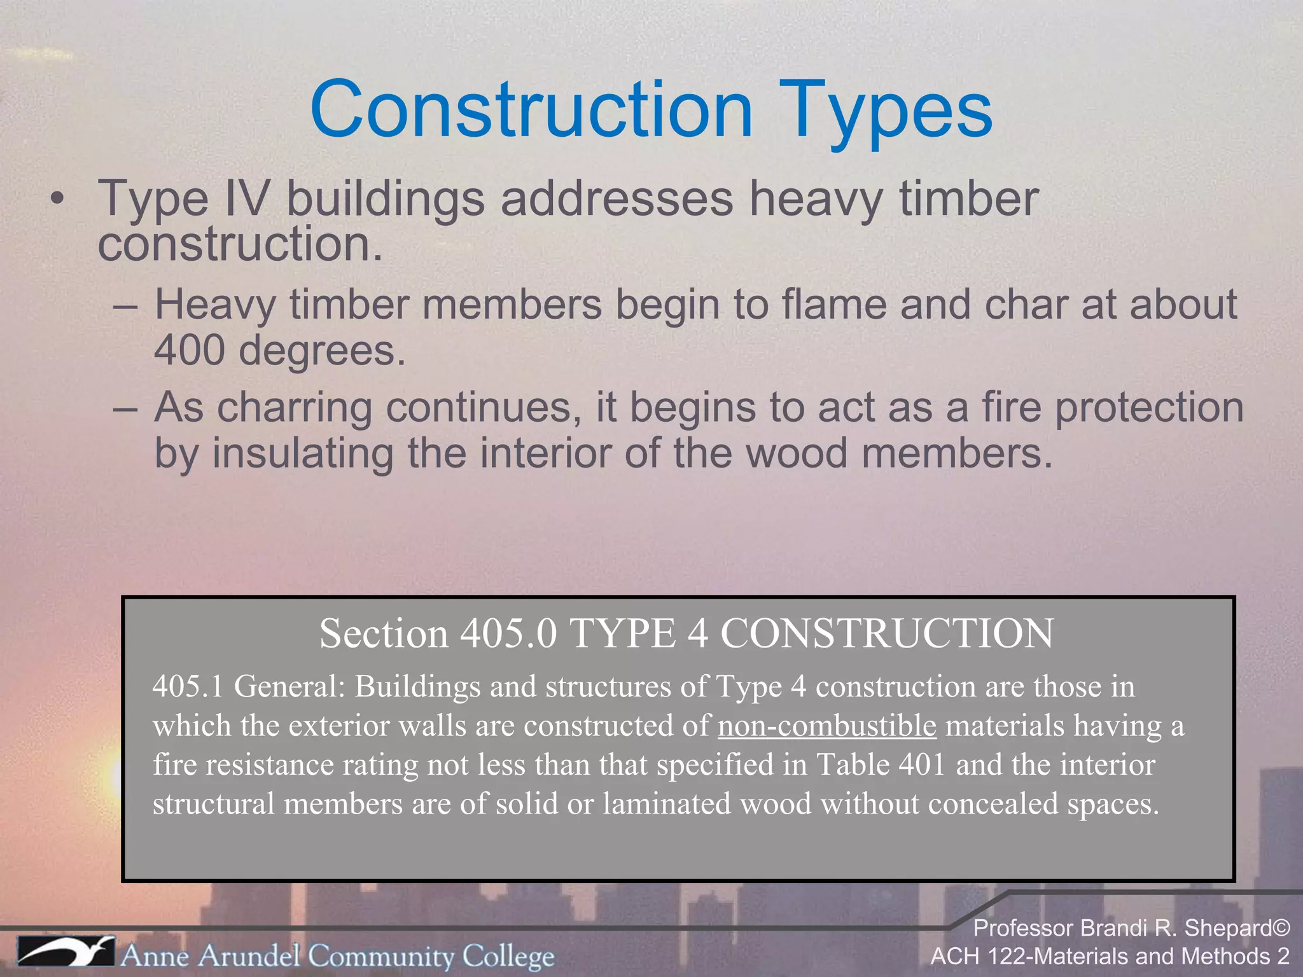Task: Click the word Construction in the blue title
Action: point(531,109)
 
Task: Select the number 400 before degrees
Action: point(189,350)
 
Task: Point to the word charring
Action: point(295,407)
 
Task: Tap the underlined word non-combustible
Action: point(827,726)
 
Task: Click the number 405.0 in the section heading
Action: point(508,634)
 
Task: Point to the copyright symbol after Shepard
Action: point(1281,928)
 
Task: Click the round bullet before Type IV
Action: point(58,199)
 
